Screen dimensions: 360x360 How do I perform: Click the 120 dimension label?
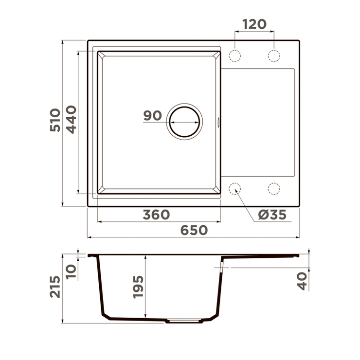(254, 24)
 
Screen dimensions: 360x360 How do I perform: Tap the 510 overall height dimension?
(55, 120)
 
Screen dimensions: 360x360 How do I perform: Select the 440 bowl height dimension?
(72, 119)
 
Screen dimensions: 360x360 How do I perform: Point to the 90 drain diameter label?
(152, 115)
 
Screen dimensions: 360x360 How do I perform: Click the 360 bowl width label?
(156, 215)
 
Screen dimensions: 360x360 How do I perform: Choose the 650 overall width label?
(194, 230)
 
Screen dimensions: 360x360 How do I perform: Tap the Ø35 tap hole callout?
(272, 215)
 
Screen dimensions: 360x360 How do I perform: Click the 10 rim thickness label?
(71, 271)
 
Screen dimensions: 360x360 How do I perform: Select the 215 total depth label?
(55, 287)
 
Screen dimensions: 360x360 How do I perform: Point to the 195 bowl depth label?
(138, 287)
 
